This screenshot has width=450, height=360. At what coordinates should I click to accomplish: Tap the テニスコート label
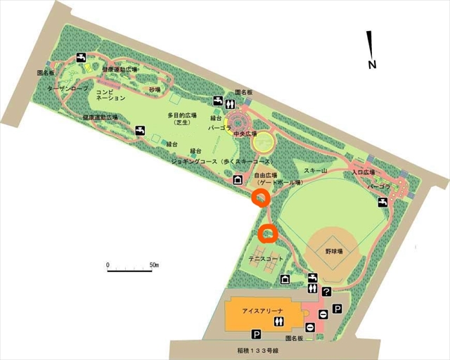266,259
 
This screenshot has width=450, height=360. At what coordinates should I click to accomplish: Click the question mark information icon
326,291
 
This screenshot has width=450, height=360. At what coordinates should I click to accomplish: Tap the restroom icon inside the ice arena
282,321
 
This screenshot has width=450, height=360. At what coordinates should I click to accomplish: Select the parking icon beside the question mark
337,309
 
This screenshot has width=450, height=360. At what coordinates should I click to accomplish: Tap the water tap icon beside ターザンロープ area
82,58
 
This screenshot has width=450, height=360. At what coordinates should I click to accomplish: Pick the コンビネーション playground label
110,95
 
